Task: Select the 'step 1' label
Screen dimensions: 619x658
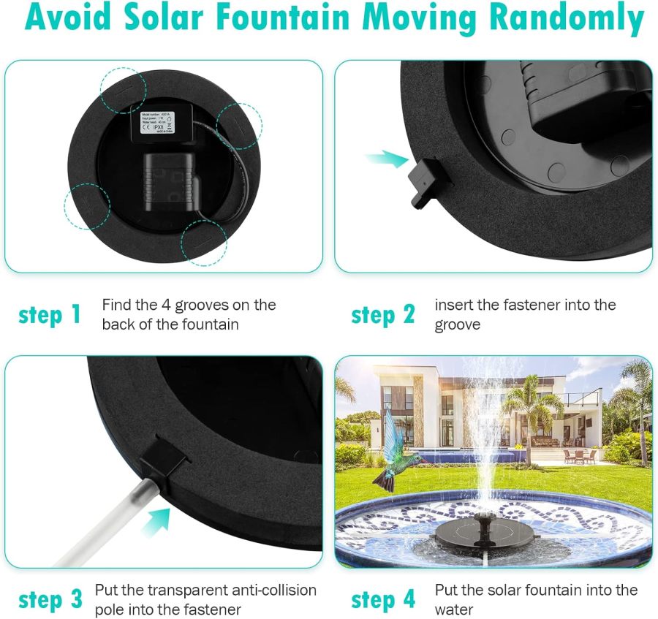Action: coord(50,315)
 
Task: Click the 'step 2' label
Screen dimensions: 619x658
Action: coord(382,315)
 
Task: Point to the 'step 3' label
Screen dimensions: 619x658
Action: coord(50,600)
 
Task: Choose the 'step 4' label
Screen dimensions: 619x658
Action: coord(383,600)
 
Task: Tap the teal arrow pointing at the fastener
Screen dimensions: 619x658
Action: coord(386,159)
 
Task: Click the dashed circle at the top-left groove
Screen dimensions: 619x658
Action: coord(124,90)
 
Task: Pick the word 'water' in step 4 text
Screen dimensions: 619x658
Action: coord(454,609)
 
